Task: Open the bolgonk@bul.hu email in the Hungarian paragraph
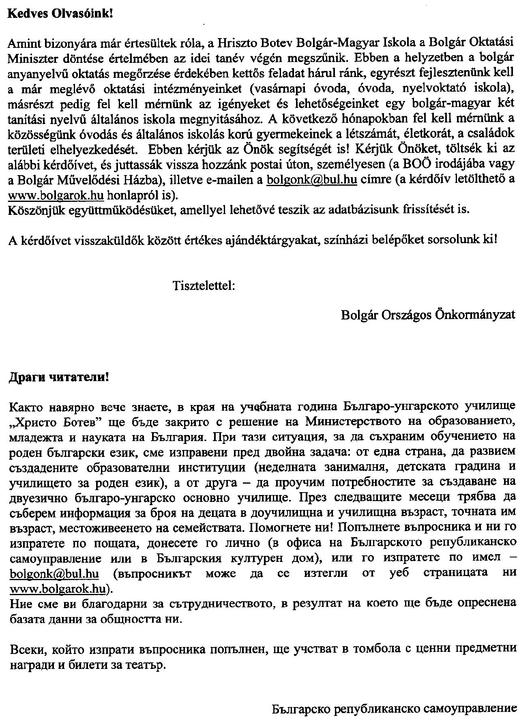click(x=311, y=180)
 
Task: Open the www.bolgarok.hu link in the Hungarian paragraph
click(x=56, y=195)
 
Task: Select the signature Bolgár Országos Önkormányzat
click(x=428, y=315)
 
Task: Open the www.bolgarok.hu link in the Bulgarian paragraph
click(x=56, y=588)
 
